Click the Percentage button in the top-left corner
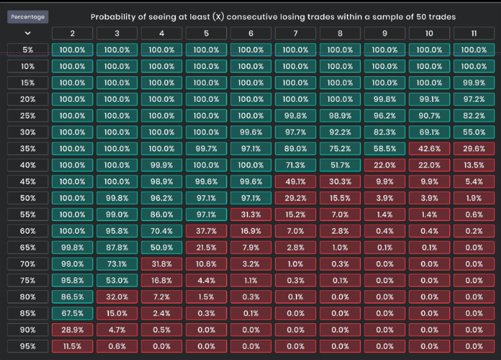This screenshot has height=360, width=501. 28,17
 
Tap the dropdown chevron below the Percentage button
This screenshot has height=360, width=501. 28,34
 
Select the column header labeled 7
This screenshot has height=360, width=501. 295,34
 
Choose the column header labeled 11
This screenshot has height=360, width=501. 474,34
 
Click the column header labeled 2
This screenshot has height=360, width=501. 73,34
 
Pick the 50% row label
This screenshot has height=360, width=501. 28,198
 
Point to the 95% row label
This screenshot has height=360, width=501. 28,347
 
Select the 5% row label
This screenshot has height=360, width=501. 28,50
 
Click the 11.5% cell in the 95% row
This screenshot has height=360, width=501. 73,347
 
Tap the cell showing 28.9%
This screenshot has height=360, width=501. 73,330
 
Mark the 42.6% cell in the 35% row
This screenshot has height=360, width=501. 429,149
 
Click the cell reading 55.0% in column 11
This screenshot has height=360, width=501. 474,133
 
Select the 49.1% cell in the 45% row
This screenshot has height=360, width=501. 295,182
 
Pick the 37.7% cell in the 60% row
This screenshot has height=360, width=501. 206,231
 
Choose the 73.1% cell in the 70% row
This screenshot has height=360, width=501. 117,264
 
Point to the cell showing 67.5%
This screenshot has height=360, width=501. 73,313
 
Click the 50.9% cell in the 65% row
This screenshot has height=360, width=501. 162,248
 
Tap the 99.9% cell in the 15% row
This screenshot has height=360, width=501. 474,83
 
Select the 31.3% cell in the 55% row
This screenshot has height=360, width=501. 251,215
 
